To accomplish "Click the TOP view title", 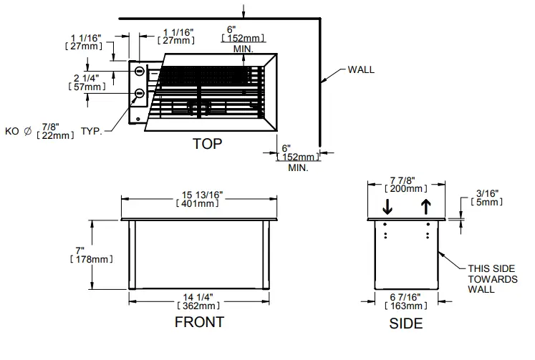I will tap(207, 144).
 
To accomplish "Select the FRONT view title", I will tap(199, 322).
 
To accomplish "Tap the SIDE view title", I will tap(405, 324).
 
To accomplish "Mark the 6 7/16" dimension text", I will tap(405, 296).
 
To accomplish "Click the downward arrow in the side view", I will tap(387, 207).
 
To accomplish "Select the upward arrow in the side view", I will tap(427, 207).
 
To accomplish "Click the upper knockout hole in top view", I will tap(139, 70).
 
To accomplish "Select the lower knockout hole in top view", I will tap(139, 93).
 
